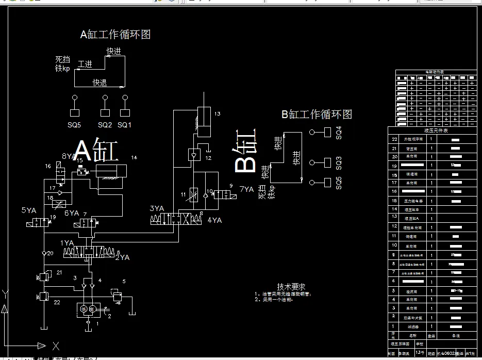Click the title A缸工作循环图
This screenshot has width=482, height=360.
point(115,35)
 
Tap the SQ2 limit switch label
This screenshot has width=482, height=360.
point(105,125)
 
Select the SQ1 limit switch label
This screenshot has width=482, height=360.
point(124,125)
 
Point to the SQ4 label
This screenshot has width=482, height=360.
point(339,133)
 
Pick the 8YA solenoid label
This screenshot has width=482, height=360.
point(69,156)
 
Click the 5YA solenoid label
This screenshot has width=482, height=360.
point(29,210)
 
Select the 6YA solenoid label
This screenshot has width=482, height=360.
point(72,213)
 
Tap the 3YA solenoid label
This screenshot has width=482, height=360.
point(157,208)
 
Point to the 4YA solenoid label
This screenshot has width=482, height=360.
point(214,220)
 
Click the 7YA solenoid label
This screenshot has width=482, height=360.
point(246,189)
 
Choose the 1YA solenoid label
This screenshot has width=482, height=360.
point(67,242)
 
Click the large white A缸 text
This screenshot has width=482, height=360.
point(97,152)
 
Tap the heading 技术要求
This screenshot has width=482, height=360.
point(291,286)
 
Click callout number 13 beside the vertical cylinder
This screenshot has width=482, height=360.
point(218,113)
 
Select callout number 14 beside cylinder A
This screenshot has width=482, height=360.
point(135,157)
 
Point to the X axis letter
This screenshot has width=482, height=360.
point(56,346)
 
